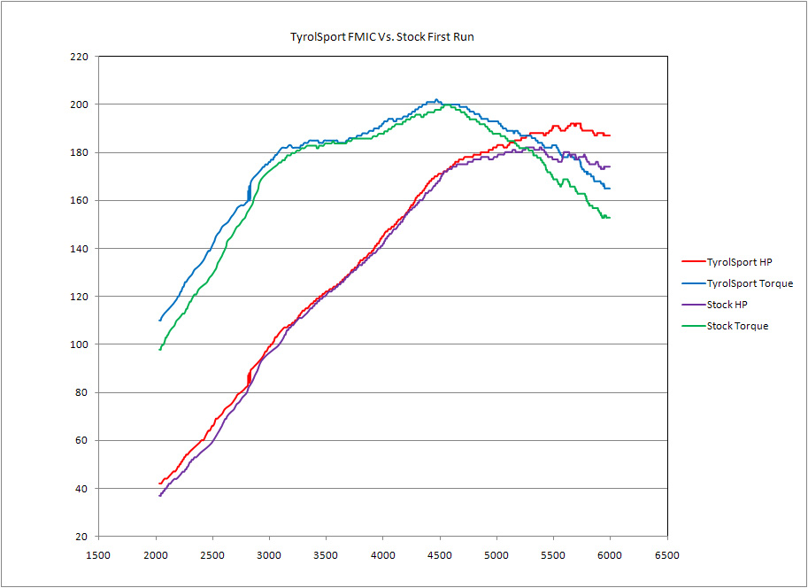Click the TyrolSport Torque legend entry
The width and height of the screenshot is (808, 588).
(x=750, y=283)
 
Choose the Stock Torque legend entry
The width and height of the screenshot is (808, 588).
(x=737, y=326)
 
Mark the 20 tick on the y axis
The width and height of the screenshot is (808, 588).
(x=81, y=537)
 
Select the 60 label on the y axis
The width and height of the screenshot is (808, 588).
(x=81, y=441)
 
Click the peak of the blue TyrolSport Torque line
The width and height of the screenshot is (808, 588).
(x=436, y=100)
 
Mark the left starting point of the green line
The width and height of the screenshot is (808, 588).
(x=159, y=350)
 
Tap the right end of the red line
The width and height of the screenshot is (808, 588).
(x=610, y=135)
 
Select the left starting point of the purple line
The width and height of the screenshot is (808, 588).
(x=159, y=496)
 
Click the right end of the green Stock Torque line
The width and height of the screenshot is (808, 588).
(x=610, y=218)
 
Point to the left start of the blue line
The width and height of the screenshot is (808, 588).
(x=159, y=321)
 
